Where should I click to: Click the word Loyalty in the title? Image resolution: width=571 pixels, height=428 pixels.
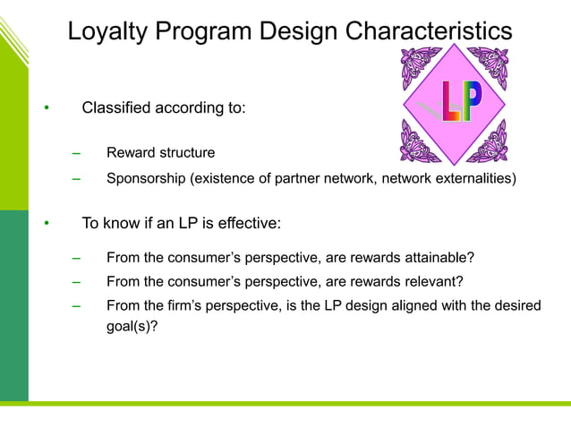pyautogui.click(x=113, y=31)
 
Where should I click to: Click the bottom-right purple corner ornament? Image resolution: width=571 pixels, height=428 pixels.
pyautogui.click(x=489, y=143)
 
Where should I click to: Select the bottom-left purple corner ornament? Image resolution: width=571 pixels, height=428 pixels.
pyautogui.click(x=418, y=143)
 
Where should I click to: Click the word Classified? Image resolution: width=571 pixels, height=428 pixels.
pyautogui.click(x=116, y=108)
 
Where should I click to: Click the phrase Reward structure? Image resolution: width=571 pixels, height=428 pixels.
pyautogui.click(x=160, y=153)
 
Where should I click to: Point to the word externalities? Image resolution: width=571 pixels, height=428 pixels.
pyautogui.click(x=473, y=178)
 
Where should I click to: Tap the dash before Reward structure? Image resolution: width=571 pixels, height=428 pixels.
pyautogui.click(x=77, y=153)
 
